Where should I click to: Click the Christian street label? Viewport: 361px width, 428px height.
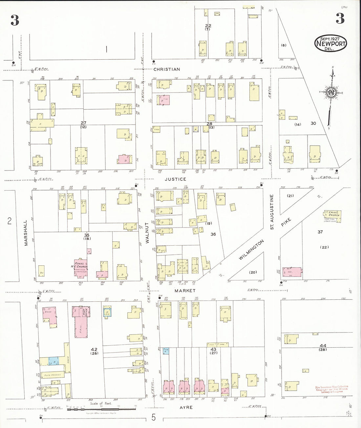click(x=167, y=69)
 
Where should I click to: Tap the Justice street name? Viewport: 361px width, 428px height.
click(x=175, y=179)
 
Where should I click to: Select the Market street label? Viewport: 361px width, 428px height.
click(x=185, y=291)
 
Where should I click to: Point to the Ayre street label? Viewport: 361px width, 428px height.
click(x=186, y=407)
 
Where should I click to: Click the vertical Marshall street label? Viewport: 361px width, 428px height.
click(x=26, y=233)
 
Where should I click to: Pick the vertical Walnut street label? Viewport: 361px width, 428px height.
click(x=147, y=233)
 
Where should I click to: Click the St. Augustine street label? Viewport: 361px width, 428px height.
click(x=272, y=212)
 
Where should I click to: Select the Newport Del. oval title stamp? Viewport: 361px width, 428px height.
click(x=330, y=44)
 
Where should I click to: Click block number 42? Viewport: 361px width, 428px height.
click(x=94, y=350)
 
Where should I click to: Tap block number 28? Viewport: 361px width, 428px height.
click(x=209, y=124)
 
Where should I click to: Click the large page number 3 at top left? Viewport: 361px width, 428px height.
click(x=14, y=20)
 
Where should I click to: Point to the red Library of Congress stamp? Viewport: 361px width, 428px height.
click(x=331, y=389)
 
